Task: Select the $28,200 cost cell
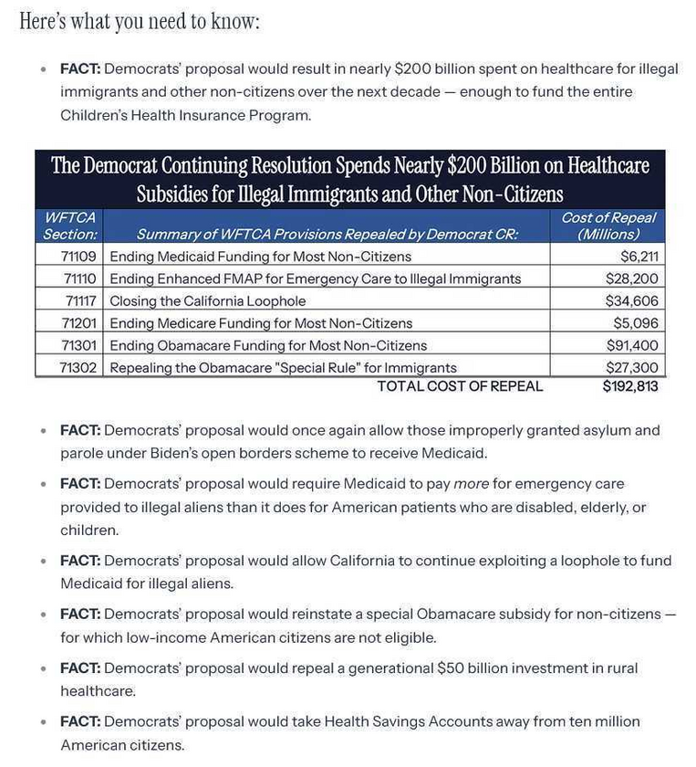(631, 278)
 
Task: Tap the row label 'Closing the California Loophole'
(207, 300)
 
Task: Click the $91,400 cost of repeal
(631, 345)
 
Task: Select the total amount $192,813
(629, 386)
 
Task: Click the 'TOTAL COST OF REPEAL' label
(460, 386)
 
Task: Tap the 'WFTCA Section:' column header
(70, 226)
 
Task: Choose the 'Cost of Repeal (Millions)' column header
(608, 226)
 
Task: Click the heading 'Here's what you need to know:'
(140, 22)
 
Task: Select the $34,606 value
(631, 300)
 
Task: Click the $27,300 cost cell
(631, 367)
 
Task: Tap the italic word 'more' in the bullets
(472, 483)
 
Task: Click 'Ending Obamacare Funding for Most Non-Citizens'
(268, 345)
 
